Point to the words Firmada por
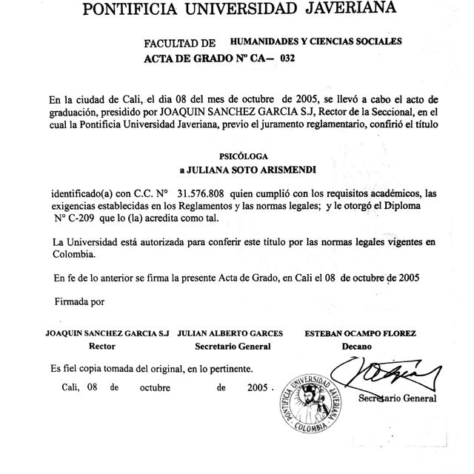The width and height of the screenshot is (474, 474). [81, 301]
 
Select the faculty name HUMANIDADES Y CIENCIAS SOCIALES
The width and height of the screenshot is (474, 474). [316, 42]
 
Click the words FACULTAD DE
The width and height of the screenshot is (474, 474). [180, 45]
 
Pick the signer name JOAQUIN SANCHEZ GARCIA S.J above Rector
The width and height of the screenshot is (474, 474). [107, 334]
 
